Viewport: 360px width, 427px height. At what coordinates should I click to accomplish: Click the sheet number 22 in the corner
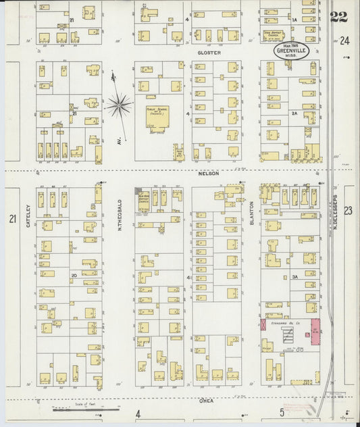point(338,16)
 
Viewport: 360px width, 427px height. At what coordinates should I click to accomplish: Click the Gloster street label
point(205,52)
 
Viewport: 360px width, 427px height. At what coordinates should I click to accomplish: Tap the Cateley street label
point(28,216)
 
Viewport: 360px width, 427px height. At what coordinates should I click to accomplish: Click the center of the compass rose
point(119,105)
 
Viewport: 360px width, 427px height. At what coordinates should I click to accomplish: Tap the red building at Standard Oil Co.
point(315,331)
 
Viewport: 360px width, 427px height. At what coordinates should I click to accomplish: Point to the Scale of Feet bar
point(85,409)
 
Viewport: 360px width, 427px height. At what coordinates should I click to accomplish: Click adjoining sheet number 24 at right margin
point(346,40)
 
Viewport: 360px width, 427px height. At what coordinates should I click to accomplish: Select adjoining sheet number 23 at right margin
point(347,211)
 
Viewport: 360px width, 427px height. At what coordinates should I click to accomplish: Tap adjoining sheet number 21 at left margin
point(11,218)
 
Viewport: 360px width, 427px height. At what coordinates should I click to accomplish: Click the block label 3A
point(294,276)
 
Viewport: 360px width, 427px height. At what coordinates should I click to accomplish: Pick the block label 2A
point(294,114)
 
